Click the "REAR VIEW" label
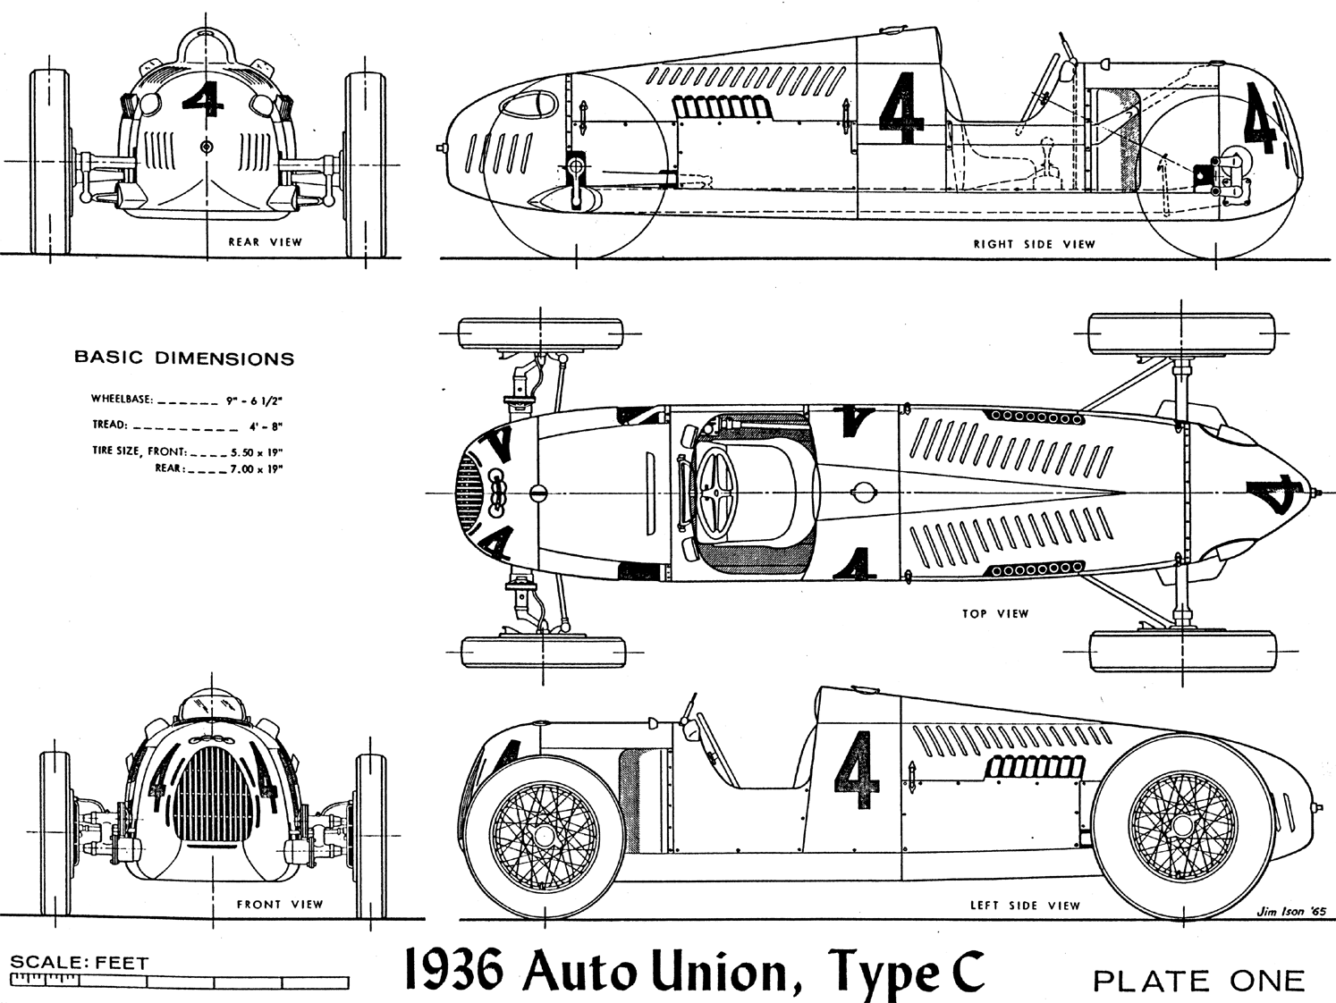point(265,242)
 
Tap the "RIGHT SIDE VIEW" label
point(1034,244)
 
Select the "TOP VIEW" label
point(995,614)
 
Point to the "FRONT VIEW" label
point(279,905)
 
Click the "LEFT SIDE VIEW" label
point(1025,906)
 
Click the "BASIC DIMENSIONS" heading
point(183,358)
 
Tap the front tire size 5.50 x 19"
point(257,452)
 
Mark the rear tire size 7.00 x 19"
point(257,468)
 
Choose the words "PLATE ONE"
point(1198,981)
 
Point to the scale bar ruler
point(179,982)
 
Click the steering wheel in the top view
point(715,491)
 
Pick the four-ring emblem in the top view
point(500,493)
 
